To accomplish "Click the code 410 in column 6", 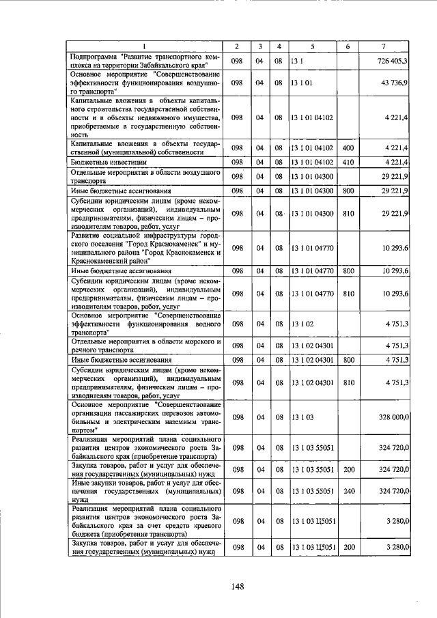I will click(x=348, y=162).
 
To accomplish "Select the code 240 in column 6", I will click(x=348, y=490).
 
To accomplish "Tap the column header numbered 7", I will click(x=384, y=46).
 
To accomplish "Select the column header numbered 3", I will click(x=260, y=46).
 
